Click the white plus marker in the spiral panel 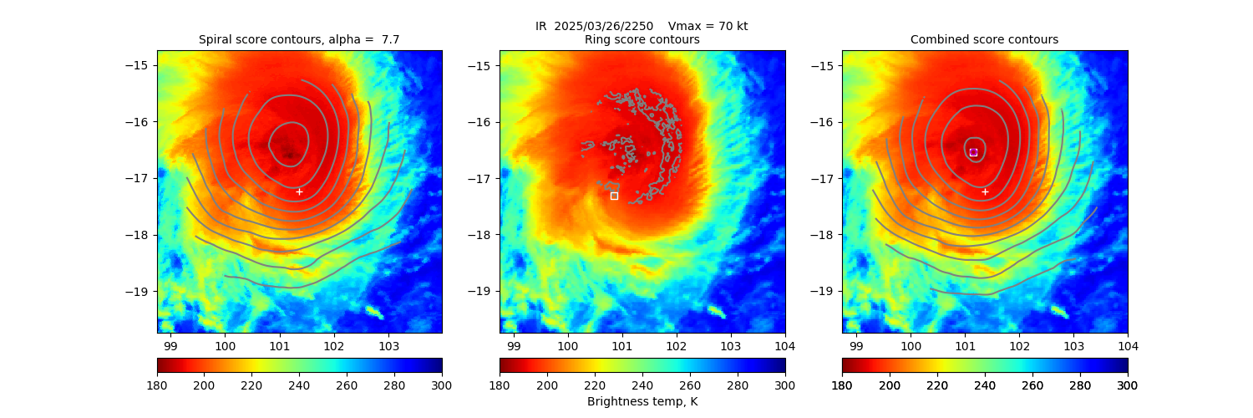tap(299, 191)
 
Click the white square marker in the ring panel tap(614, 196)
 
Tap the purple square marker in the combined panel tap(973, 152)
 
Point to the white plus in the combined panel tap(985, 191)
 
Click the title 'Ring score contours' tap(642, 39)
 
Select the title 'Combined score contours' tap(984, 39)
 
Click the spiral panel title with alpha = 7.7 tap(299, 39)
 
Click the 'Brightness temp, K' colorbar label tap(642, 402)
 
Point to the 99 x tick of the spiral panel tap(170, 345)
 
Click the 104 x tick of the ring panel tap(785, 345)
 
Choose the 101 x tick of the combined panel tap(965, 345)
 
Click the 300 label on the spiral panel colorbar tap(442, 385)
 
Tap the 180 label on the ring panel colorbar tap(500, 385)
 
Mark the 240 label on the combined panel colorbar tap(985, 385)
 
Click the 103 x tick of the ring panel tap(731, 345)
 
